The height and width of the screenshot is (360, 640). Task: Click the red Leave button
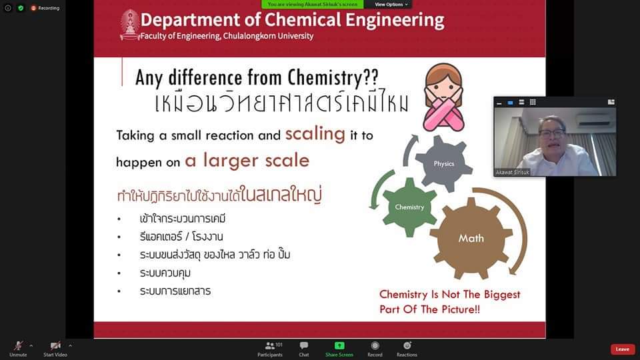623,349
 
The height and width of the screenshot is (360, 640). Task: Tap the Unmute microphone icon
19,346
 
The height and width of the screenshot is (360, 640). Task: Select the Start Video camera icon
55,346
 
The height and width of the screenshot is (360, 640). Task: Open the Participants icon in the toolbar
270,346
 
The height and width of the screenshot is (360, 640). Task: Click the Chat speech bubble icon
304,346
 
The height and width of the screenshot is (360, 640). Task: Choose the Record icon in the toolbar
375,346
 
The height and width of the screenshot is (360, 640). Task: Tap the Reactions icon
407,346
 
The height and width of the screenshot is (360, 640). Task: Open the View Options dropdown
391,5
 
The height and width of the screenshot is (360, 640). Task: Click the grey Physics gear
444,163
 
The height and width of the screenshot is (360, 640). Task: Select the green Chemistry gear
409,207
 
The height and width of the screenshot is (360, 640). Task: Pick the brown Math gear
471,238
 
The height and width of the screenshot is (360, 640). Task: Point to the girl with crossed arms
444,97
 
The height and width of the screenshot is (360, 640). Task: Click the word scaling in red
315,134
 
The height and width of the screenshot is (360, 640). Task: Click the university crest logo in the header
130,25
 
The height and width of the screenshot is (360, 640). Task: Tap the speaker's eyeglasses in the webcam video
552,133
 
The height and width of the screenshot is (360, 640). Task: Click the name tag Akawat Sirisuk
512,172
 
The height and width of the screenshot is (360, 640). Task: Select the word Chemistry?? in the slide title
333,77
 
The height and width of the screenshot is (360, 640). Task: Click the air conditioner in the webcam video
595,119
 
